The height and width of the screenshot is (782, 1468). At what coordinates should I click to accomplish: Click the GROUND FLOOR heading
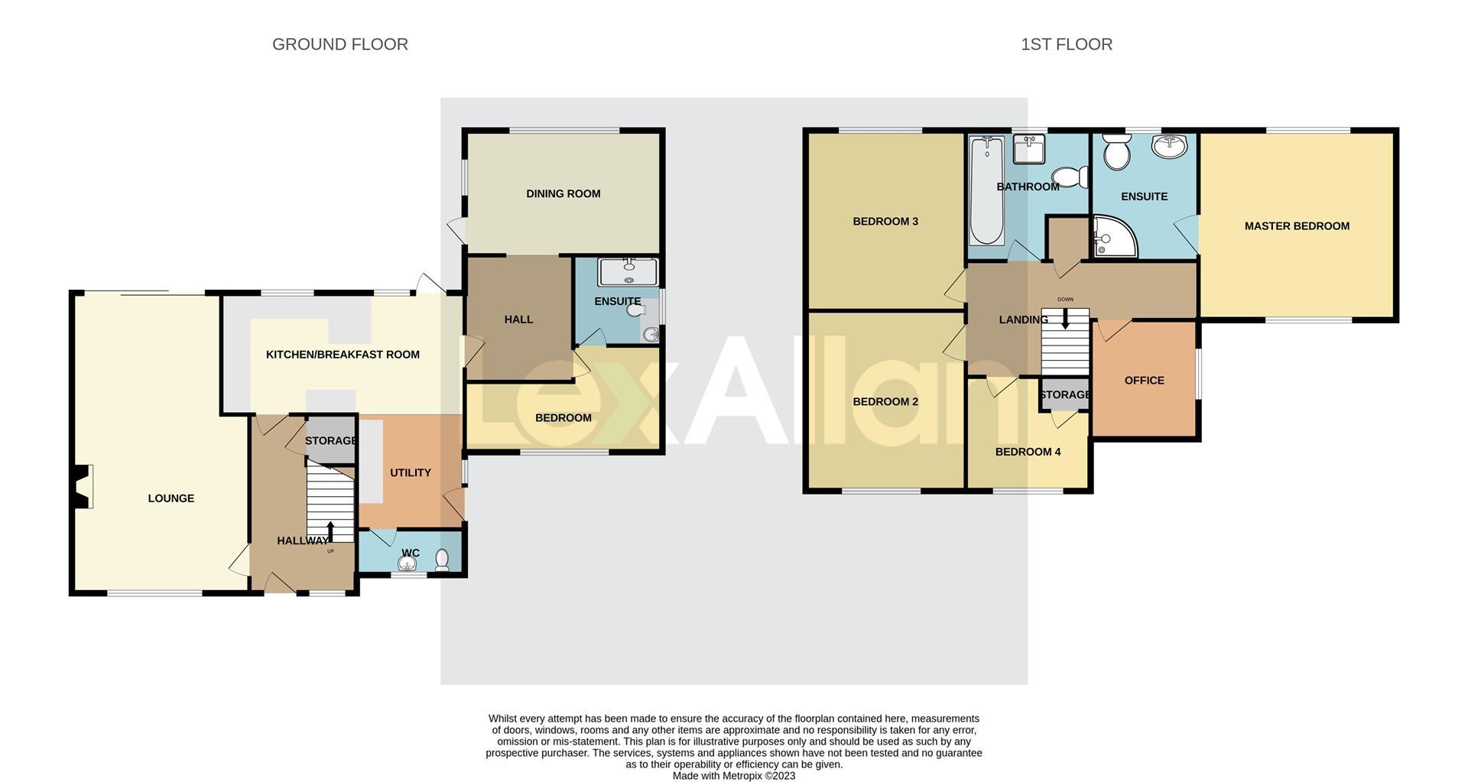(339, 44)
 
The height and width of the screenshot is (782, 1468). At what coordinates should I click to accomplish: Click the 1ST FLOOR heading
(1066, 44)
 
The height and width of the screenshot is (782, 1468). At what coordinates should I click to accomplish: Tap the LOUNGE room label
(171, 498)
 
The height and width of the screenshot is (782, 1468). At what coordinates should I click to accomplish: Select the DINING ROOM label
(563, 194)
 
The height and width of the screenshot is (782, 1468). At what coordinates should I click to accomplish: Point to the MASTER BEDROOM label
(1297, 226)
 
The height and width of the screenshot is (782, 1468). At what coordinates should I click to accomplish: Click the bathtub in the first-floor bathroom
(986, 191)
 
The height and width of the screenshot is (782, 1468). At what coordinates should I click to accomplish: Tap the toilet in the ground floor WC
(442, 560)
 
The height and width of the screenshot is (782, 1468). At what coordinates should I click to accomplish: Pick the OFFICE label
(1144, 381)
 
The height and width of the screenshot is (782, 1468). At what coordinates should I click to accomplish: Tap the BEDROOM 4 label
(1028, 452)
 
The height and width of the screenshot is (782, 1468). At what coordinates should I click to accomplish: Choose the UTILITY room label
(411, 473)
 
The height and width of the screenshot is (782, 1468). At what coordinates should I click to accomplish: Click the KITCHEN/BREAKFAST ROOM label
(343, 355)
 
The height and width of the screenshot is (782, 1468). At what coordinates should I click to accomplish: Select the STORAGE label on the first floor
(1064, 395)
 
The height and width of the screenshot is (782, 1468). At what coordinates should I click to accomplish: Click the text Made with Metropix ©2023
(733, 776)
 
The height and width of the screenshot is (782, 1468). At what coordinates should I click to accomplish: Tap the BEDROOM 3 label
(885, 222)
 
